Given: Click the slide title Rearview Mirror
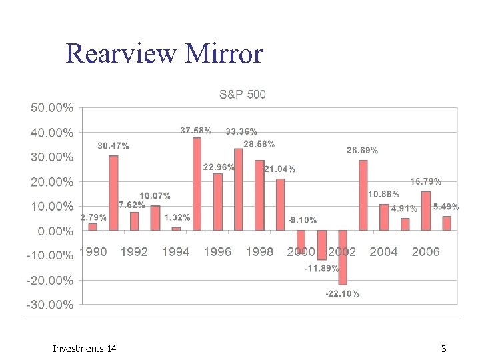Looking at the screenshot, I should (x=165, y=53).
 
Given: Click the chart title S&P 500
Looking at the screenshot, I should (x=242, y=94).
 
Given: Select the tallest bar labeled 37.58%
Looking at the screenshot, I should (x=197, y=184).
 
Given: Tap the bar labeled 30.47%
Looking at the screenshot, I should (x=113, y=193).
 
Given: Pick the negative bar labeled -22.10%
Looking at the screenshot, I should (x=343, y=257).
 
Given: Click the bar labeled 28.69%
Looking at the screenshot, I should (x=363, y=195).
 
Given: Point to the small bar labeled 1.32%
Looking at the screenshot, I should (x=176, y=229).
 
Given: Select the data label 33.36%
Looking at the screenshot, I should (x=241, y=132).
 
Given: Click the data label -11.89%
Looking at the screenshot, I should (x=322, y=269).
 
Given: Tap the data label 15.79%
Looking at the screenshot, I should (x=425, y=181).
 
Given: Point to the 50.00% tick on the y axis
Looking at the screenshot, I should (x=50, y=107).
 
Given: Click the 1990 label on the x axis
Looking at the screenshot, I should (x=93, y=251).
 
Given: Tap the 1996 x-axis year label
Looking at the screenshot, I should (x=217, y=251).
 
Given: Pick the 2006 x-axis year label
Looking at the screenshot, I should (x=425, y=251).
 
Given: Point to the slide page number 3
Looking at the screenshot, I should (x=443, y=349).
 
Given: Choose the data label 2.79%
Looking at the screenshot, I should (x=93, y=217).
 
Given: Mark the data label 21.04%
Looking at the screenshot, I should (x=280, y=169).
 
